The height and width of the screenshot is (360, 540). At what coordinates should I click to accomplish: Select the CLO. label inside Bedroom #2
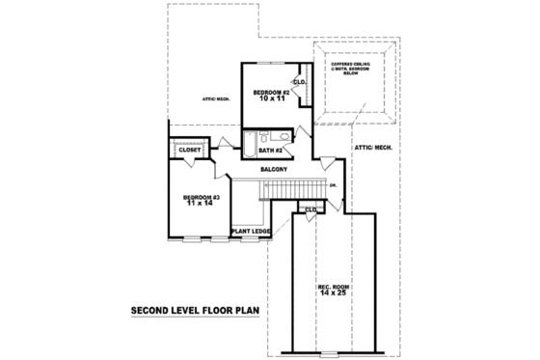click(x=300, y=83)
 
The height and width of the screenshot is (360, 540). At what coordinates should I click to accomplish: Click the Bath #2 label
click(x=270, y=151)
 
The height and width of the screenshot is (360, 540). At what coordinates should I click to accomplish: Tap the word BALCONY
click(x=274, y=169)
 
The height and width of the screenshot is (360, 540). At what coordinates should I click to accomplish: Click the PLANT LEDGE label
click(x=249, y=231)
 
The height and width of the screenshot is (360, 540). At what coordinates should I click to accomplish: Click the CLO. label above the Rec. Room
click(x=310, y=208)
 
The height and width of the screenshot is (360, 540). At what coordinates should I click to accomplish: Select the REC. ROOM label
click(x=333, y=286)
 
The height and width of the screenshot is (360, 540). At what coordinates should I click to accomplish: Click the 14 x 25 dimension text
click(x=333, y=293)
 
